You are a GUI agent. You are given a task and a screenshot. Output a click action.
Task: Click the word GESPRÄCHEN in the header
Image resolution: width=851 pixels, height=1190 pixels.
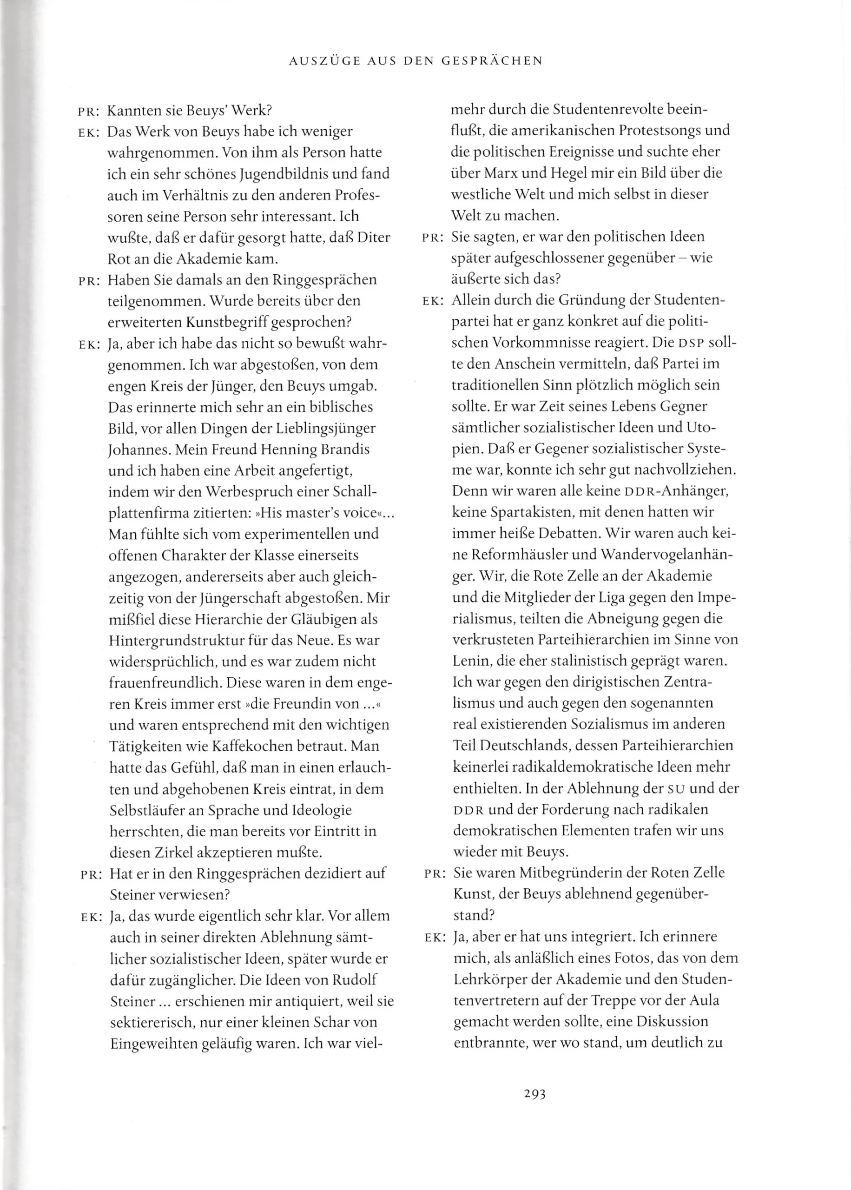click(x=492, y=61)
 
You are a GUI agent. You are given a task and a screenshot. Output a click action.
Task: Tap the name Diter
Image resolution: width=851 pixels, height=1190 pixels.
click(x=374, y=238)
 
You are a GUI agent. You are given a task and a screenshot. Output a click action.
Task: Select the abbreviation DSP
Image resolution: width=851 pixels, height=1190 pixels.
click(x=690, y=343)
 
